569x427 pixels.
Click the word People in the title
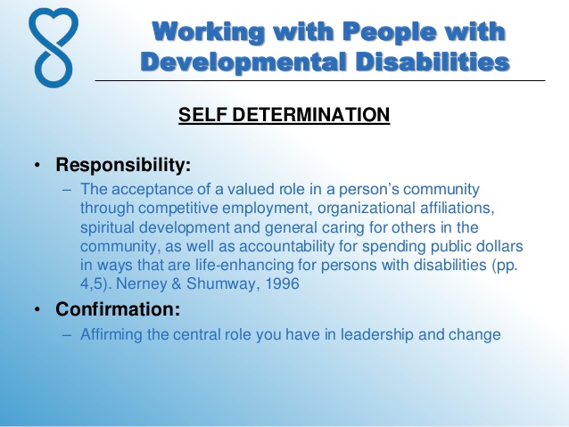coord(389,32)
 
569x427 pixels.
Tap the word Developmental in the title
coord(243,62)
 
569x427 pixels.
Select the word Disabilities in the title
coord(433,62)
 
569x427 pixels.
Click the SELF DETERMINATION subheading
coord(284,115)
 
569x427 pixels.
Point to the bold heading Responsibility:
coord(123,165)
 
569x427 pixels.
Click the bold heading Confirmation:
coord(118,309)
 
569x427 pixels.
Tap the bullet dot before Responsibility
coord(37,165)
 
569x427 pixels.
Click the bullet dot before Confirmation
coord(37,309)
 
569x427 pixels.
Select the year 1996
coord(283,283)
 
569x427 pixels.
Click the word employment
coord(268,209)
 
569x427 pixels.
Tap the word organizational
coord(367,209)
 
